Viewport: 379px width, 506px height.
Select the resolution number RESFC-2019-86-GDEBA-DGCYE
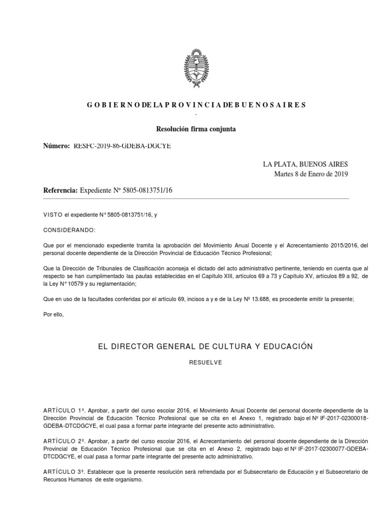pos(122,146)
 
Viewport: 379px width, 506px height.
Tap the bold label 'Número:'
pos(57,146)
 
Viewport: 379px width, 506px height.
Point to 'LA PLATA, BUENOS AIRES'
pos(305,164)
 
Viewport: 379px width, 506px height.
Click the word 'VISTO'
pos(53,215)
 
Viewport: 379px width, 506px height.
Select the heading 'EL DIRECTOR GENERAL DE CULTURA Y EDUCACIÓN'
pos(206,346)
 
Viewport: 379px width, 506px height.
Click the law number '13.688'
pos(250,299)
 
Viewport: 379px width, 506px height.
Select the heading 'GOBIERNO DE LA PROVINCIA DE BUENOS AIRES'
pos(196,105)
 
